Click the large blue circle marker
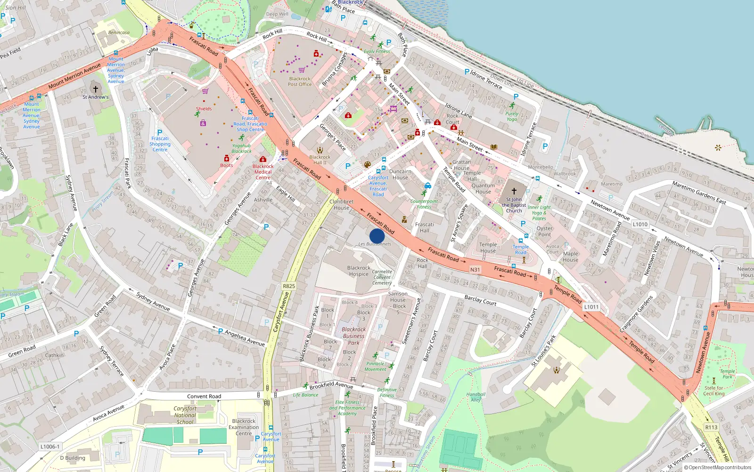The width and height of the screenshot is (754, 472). pos(377,236)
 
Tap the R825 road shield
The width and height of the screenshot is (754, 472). pos(289,286)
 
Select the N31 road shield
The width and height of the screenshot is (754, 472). pos(475,270)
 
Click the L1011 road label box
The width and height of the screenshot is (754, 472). pos(591,307)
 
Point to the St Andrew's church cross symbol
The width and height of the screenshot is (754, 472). pos(96,89)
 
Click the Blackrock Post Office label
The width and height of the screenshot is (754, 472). pos(300,82)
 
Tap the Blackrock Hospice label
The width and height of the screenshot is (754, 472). pos(359,271)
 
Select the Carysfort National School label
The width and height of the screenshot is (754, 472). pos(185,415)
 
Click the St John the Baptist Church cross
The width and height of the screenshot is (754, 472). pos(514,191)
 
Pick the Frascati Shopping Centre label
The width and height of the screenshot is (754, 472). pos(160,144)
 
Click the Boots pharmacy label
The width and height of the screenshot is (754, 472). pos(227,165)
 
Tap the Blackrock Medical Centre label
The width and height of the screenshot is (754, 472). pos(263,172)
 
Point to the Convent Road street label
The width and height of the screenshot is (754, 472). pos(204,396)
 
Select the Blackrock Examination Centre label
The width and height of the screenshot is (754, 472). pos(244,427)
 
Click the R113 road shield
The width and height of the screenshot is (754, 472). pos(711,427)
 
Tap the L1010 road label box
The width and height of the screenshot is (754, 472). pos(640,224)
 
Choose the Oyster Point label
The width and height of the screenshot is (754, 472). pos(544,231)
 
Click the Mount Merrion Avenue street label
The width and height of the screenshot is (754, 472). pos(74,76)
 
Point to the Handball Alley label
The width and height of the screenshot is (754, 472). pos(475,397)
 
